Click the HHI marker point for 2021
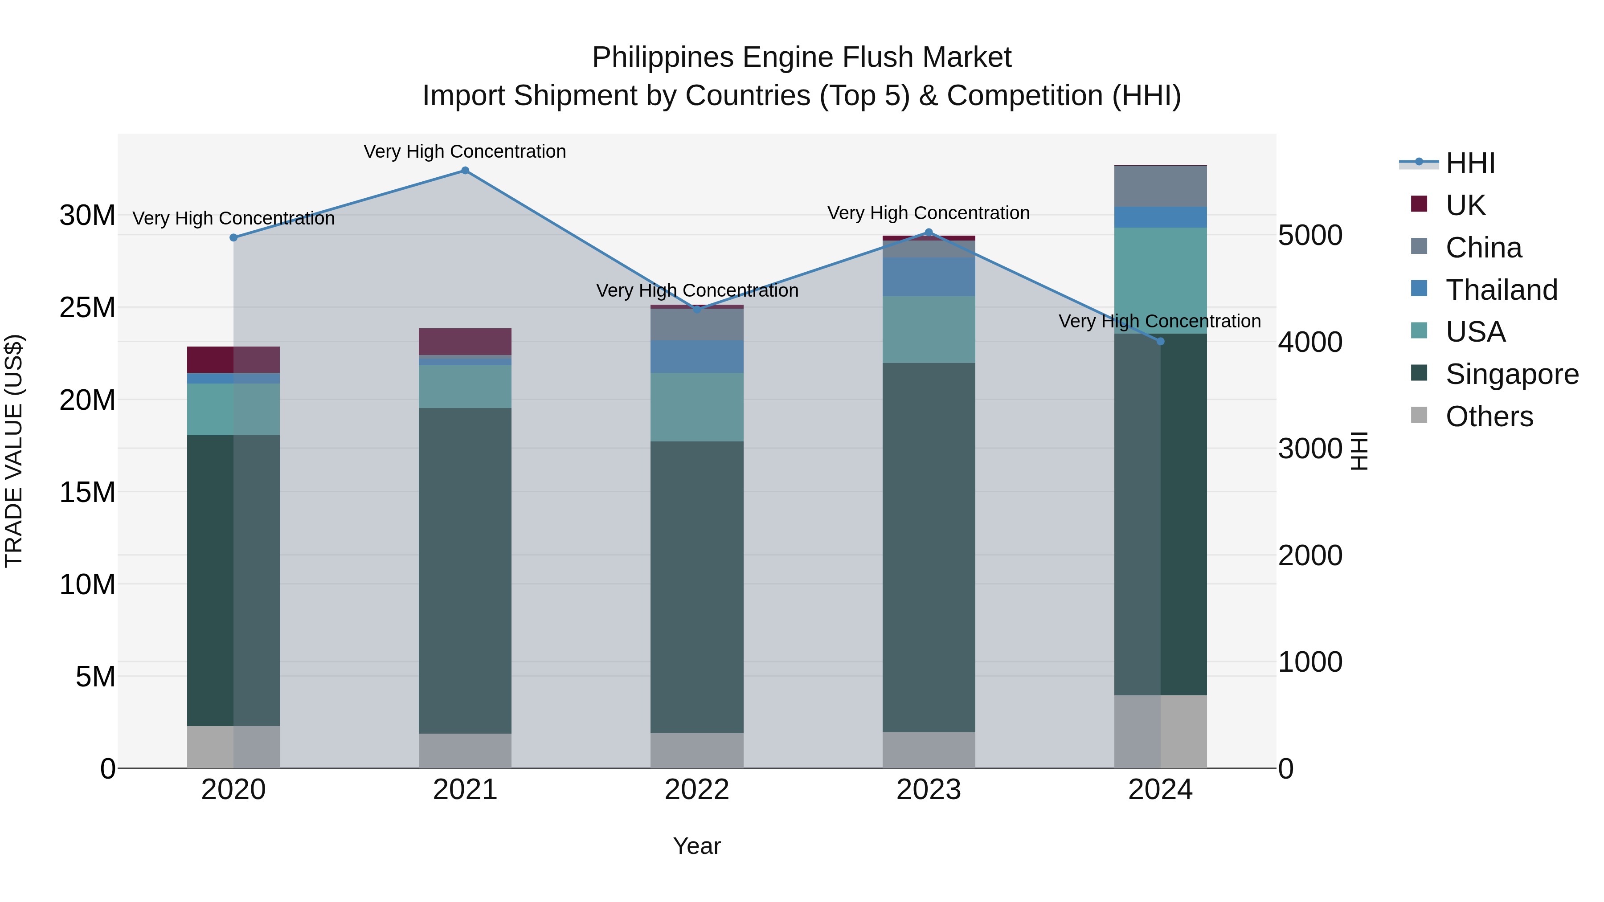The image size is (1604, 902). [465, 171]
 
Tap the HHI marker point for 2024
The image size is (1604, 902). [1160, 341]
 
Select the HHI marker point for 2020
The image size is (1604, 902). [233, 238]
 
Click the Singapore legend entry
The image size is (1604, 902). [1512, 375]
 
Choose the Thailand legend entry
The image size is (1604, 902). [1501, 290]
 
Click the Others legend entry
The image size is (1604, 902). [1489, 416]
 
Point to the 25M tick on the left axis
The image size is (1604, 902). [87, 307]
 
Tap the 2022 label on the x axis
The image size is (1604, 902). [697, 790]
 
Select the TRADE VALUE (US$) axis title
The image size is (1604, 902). [14, 451]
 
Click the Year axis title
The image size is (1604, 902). [697, 846]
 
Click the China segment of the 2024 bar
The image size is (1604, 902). [1160, 186]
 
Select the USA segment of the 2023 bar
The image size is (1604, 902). [929, 329]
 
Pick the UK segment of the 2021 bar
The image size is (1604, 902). [465, 341]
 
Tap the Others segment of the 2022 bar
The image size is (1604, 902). [697, 750]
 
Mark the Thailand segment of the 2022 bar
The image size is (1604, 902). [697, 357]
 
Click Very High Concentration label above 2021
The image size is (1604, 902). [465, 151]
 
